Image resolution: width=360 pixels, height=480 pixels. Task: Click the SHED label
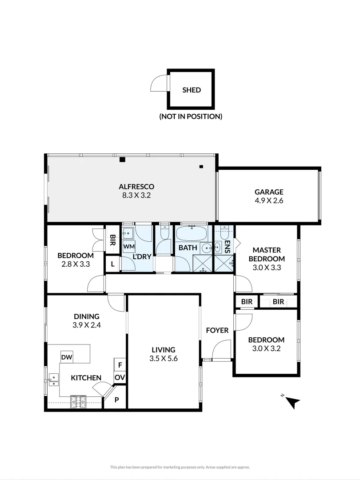(x=192, y=90)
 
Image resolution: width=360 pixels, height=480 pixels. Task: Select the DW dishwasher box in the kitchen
(x=67, y=357)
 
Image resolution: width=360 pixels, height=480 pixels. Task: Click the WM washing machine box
(x=129, y=246)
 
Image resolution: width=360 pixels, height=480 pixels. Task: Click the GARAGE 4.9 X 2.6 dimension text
(x=268, y=200)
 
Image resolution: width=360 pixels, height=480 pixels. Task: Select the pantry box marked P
(x=117, y=400)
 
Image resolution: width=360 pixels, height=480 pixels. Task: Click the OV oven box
(x=120, y=377)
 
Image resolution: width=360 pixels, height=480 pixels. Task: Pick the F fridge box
(x=120, y=364)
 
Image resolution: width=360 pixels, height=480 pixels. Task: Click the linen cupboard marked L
(x=113, y=264)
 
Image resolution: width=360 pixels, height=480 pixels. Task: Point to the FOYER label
(x=217, y=330)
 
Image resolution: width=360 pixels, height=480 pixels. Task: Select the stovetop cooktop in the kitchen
(x=78, y=402)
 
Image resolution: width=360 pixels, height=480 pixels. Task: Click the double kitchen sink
(x=53, y=378)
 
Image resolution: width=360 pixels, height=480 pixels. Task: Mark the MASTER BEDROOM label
(x=266, y=255)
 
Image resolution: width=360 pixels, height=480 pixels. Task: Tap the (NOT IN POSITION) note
(x=191, y=116)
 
